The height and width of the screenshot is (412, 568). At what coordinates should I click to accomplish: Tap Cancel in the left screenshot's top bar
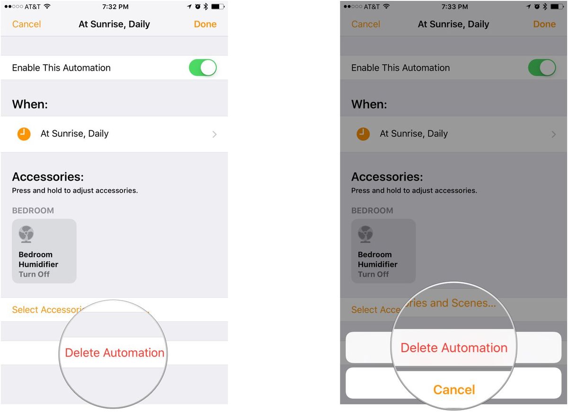click(x=27, y=24)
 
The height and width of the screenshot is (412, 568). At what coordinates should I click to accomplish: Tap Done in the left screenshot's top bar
click(x=205, y=24)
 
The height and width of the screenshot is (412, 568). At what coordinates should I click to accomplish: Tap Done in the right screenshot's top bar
click(x=544, y=24)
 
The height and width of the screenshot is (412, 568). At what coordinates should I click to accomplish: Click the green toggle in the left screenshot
click(x=203, y=68)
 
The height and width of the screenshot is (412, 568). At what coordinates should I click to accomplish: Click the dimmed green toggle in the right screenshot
click(x=542, y=68)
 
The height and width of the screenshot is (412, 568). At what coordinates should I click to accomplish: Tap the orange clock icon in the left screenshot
click(x=24, y=134)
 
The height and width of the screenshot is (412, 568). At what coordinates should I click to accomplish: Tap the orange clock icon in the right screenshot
click(x=363, y=134)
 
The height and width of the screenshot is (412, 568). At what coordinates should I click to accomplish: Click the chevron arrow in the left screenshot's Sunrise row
click(x=214, y=134)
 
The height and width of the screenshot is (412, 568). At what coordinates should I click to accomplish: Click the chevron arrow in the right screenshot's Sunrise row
click(x=554, y=134)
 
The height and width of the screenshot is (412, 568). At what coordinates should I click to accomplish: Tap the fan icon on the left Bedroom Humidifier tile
click(x=26, y=234)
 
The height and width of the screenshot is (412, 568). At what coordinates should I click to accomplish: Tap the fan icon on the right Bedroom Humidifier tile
click(x=365, y=234)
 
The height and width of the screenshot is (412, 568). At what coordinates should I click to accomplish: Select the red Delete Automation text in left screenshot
click(x=115, y=353)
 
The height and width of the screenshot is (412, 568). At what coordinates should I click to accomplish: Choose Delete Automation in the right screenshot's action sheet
click(x=454, y=348)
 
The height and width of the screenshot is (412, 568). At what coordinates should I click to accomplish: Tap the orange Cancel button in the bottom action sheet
click(x=454, y=389)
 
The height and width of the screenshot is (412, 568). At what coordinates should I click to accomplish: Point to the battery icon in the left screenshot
click(x=218, y=7)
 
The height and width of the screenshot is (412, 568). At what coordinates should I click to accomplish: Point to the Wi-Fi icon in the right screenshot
click(x=386, y=7)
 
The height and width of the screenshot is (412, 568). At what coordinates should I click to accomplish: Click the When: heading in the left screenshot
click(x=30, y=104)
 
